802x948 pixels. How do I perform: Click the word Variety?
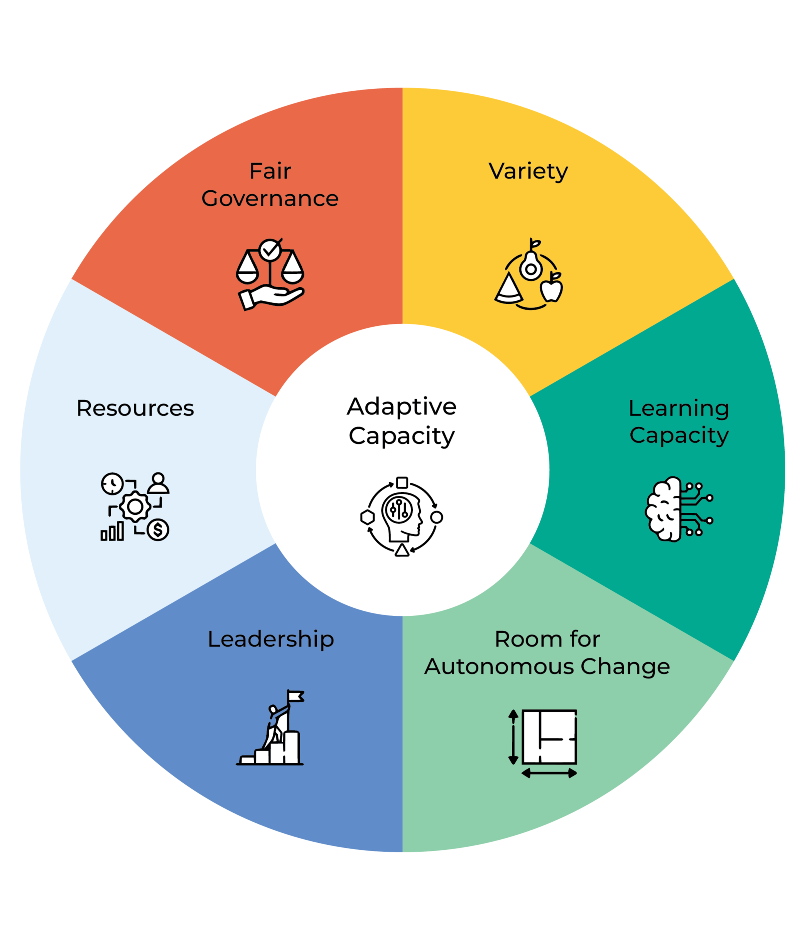pyautogui.click(x=528, y=172)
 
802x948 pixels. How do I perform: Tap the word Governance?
pyautogui.click(x=270, y=199)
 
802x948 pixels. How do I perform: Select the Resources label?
pyautogui.click(x=135, y=408)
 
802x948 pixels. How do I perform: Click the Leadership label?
pyautogui.click(x=271, y=640)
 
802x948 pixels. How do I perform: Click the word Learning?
pyautogui.click(x=679, y=408)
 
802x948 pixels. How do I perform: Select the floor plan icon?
pyautogui.click(x=550, y=737)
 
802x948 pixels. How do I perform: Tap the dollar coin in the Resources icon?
pyautogui.click(x=158, y=530)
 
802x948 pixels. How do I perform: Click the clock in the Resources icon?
pyautogui.click(x=112, y=484)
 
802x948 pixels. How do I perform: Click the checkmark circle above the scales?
pyautogui.click(x=270, y=250)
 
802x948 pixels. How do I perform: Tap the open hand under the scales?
pyautogui.click(x=271, y=298)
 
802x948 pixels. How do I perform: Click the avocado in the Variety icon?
pyautogui.click(x=530, y=265)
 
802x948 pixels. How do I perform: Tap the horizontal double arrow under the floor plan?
pyautogui.click(x=549, y=773)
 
